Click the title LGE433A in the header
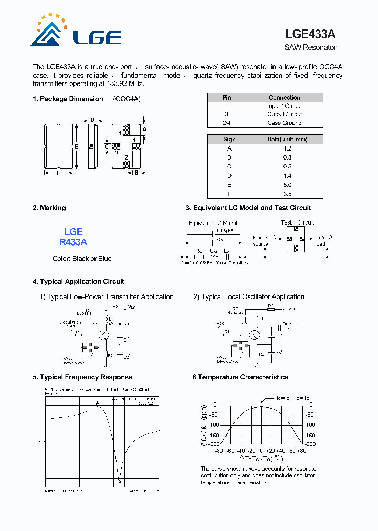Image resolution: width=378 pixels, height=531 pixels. pos(310,34)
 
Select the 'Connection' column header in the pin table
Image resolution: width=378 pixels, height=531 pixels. pos(285,98)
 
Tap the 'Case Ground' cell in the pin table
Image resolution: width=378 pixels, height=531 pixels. pos(285,123)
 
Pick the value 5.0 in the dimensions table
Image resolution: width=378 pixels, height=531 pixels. pos(287,185)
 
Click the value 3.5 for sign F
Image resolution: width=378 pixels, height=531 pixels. pos(287,194)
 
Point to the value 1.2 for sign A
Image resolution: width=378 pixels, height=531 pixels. pos(287,148)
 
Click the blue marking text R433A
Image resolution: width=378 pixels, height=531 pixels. pos(73,242)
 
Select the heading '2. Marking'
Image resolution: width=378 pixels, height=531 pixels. pos(49,208)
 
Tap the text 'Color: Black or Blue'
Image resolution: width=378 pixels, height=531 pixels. pos(82,259)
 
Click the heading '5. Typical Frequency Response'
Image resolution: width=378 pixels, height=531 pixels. pos(82,377)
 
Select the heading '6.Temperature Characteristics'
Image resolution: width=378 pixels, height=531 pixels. pos(240,377)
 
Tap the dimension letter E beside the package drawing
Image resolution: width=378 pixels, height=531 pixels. pos(77,147)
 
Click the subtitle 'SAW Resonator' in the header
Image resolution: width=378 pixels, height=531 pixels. pos(310,47)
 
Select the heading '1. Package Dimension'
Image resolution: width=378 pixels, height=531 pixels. pos(68,99)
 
